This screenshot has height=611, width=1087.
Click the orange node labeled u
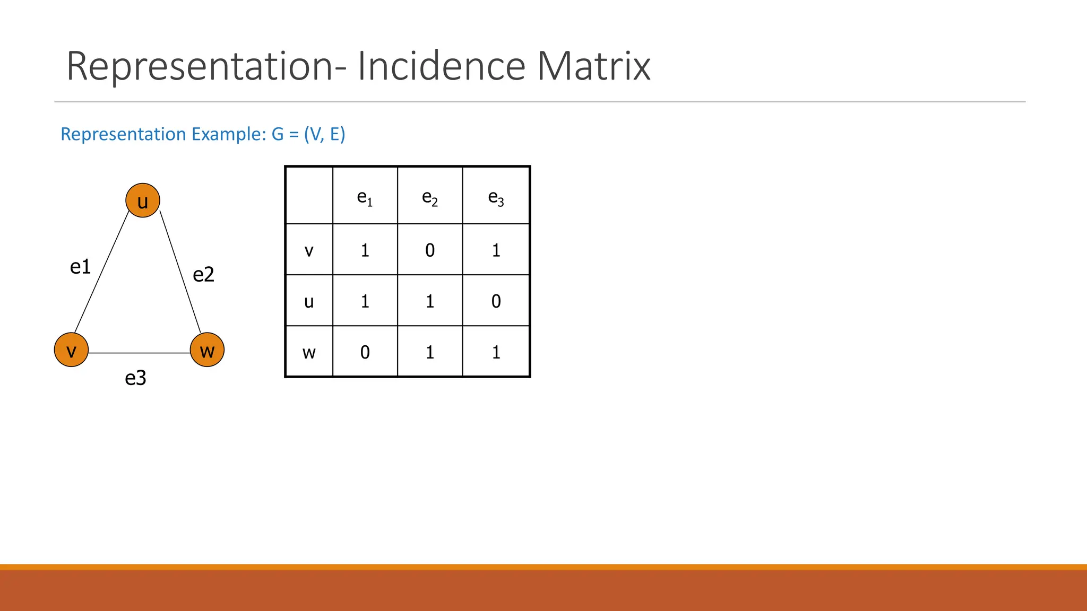coord(143,200)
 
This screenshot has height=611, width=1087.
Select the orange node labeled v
coord(71,350)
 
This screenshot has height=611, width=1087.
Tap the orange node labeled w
coord(207,350)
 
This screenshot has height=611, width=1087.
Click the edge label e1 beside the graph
coord(81,267)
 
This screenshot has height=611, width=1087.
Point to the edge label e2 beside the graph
coord(203,275)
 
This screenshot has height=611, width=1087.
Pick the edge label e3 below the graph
coord(135,378)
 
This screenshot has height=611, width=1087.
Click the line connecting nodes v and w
coord(139,353)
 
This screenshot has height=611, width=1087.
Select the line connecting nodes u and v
coord(101,273)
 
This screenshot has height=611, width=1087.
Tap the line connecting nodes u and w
coord(180,273)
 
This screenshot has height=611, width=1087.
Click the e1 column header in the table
coord(365,197)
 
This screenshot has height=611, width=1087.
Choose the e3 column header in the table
coord(496,197)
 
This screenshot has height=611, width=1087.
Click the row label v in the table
coord(309,250)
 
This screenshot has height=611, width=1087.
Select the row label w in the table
coord(309,352)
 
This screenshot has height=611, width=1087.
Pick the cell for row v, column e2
coord(430,250)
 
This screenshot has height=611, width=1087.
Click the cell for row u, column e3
coord(496,301)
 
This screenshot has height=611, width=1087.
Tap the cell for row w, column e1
coord(365,352)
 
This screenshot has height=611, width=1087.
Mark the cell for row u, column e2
coord(430,301)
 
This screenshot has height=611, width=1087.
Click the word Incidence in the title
coord(442,66)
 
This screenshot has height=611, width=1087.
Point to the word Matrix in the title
coord(593,66)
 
